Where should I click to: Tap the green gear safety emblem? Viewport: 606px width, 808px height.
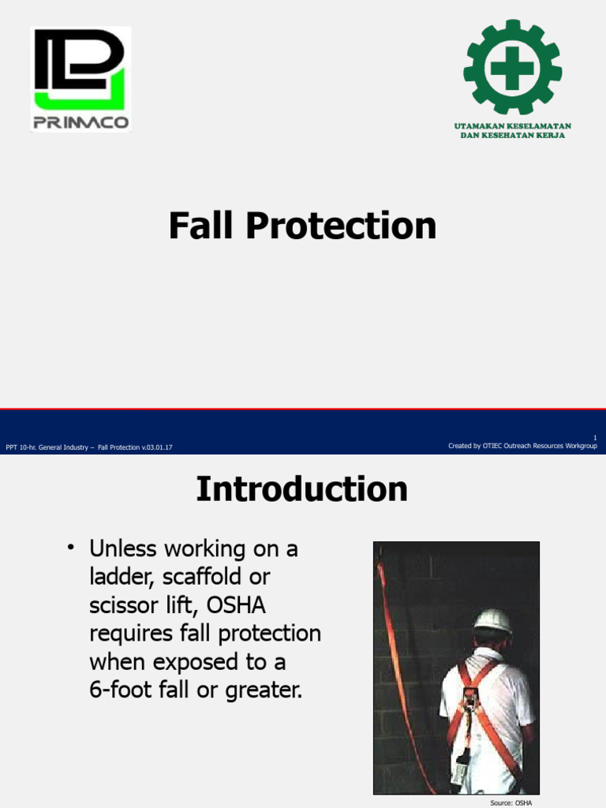[x=512, y=68]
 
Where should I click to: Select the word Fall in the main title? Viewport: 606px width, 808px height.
[x=201, y=226]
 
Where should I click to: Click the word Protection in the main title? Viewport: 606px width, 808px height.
[x=340, y=226]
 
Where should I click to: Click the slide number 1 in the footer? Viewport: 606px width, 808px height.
[x=594, y=438]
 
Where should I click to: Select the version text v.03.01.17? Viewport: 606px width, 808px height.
[x=154, y=447]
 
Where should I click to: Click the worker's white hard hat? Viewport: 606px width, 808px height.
[x=493, y=620]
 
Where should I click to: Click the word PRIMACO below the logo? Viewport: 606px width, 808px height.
[x=80, y=122]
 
